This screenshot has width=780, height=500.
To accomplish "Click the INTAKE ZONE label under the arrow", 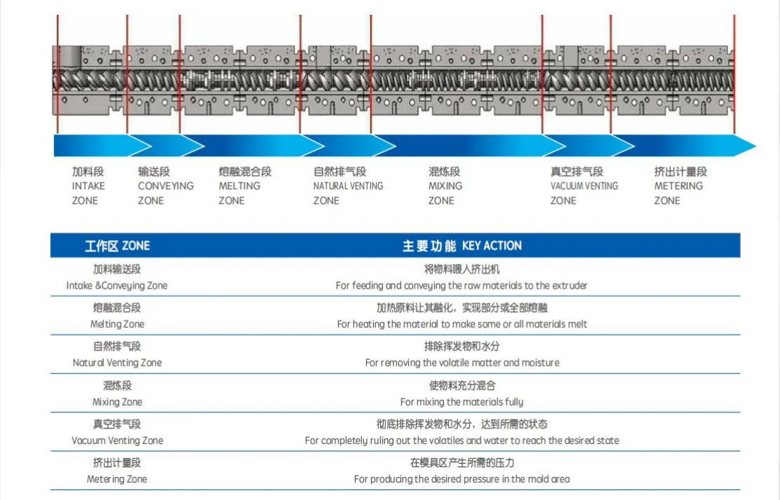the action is click(x=89, y=186).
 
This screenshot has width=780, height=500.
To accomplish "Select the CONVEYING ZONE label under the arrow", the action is click(x=165, y=186).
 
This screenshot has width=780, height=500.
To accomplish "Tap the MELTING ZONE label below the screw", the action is click(x=240, y=186).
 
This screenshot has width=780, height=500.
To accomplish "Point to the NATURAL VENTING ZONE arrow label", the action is click(x=348, y=186).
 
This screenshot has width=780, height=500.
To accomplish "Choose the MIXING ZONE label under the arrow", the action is click(x=445, y=186).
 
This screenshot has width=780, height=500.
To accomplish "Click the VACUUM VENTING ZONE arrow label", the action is click(x=584, y=186).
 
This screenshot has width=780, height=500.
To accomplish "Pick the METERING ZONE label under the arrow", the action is click(x=679, y=186).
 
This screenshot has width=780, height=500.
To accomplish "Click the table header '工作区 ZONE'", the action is click(x=117, y=246).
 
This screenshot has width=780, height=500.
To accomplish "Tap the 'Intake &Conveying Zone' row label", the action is click(x=117, y=286).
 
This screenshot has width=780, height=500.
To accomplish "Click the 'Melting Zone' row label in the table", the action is click(x=117, y=324).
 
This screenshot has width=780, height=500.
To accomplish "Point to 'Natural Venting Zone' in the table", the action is click(x=117, y=363).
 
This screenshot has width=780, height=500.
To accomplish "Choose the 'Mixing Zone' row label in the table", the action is click(x=117, y=402).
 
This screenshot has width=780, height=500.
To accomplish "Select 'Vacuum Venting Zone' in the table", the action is click(x=117, y=440).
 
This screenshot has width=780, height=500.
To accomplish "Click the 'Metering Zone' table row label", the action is click(x=117, y=479).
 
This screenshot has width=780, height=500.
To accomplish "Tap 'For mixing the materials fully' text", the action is click(x=461, y=402).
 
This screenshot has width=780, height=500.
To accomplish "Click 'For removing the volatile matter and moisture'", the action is click(x=462, y=363).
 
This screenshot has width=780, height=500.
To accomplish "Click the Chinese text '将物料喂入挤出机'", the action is click(x=461, y=269).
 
